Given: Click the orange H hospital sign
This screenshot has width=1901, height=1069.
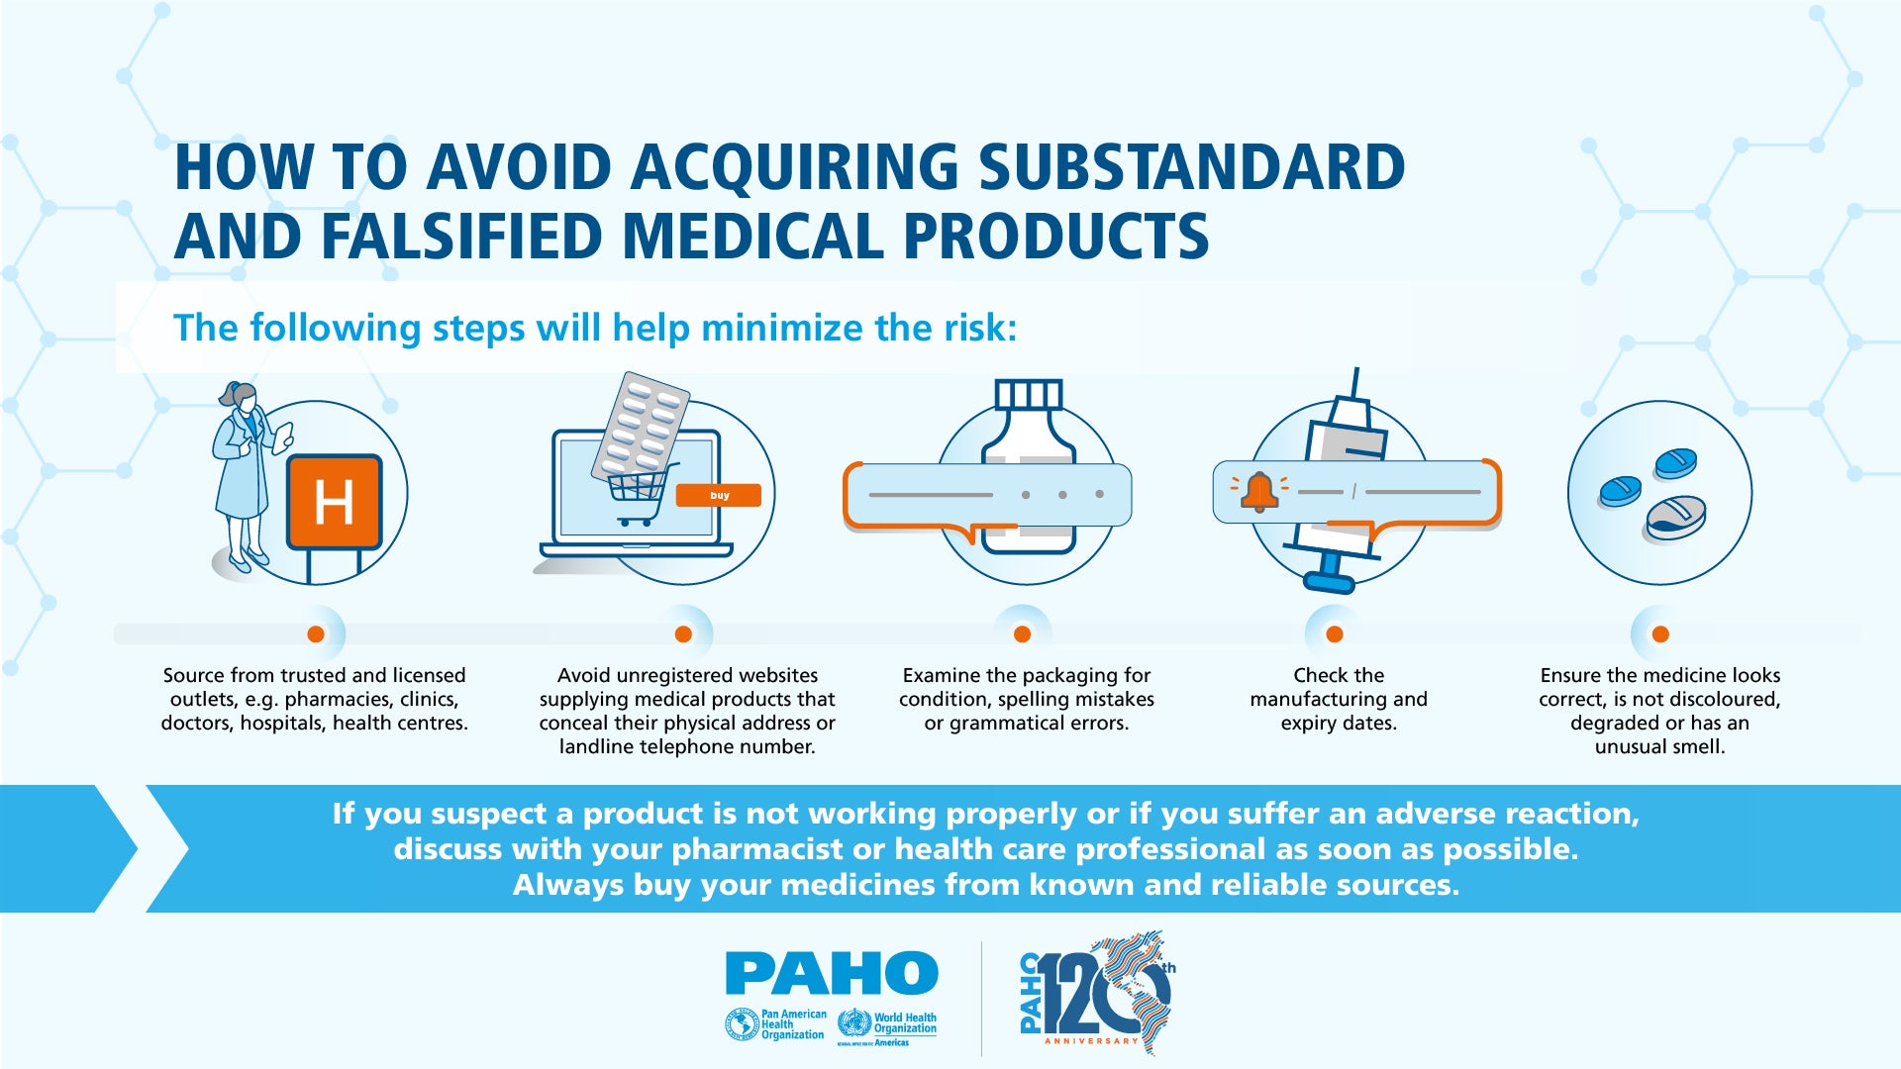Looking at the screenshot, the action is (335, 502).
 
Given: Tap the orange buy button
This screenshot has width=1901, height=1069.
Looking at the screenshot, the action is (719, 495).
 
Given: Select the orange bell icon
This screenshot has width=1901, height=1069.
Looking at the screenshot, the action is (1259, 491).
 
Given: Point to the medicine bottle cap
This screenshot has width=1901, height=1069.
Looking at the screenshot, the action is (1029, 395).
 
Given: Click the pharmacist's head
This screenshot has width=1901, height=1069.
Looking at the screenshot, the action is (240, 397).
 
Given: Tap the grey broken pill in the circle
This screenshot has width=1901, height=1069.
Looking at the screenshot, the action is (1675, 519).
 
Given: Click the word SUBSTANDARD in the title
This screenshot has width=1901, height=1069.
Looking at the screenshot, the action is (1192, 167).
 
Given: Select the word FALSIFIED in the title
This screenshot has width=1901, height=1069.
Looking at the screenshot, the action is (461, 237).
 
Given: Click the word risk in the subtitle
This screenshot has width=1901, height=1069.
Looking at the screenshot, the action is (973, 328).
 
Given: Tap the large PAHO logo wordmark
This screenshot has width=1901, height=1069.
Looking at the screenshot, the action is (832, 973).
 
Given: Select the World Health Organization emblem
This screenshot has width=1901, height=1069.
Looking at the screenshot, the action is (853, 1022).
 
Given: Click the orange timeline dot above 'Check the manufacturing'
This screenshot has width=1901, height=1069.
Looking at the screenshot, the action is (1335, 634).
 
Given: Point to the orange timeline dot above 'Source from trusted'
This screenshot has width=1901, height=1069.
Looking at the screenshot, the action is (316, 634).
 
